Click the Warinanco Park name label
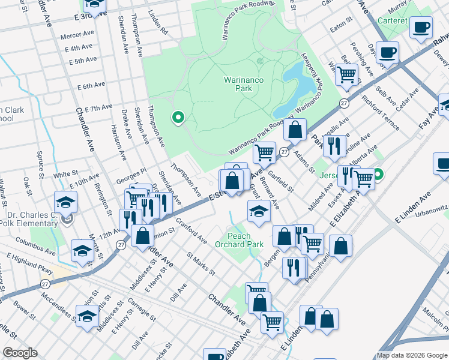(246, 84)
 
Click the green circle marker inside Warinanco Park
(177, 118)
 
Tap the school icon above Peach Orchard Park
(259, 211)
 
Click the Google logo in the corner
(20, 353)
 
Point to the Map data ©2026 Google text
(411, 355)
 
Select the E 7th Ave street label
(98, 108)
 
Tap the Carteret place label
(393, 20)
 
